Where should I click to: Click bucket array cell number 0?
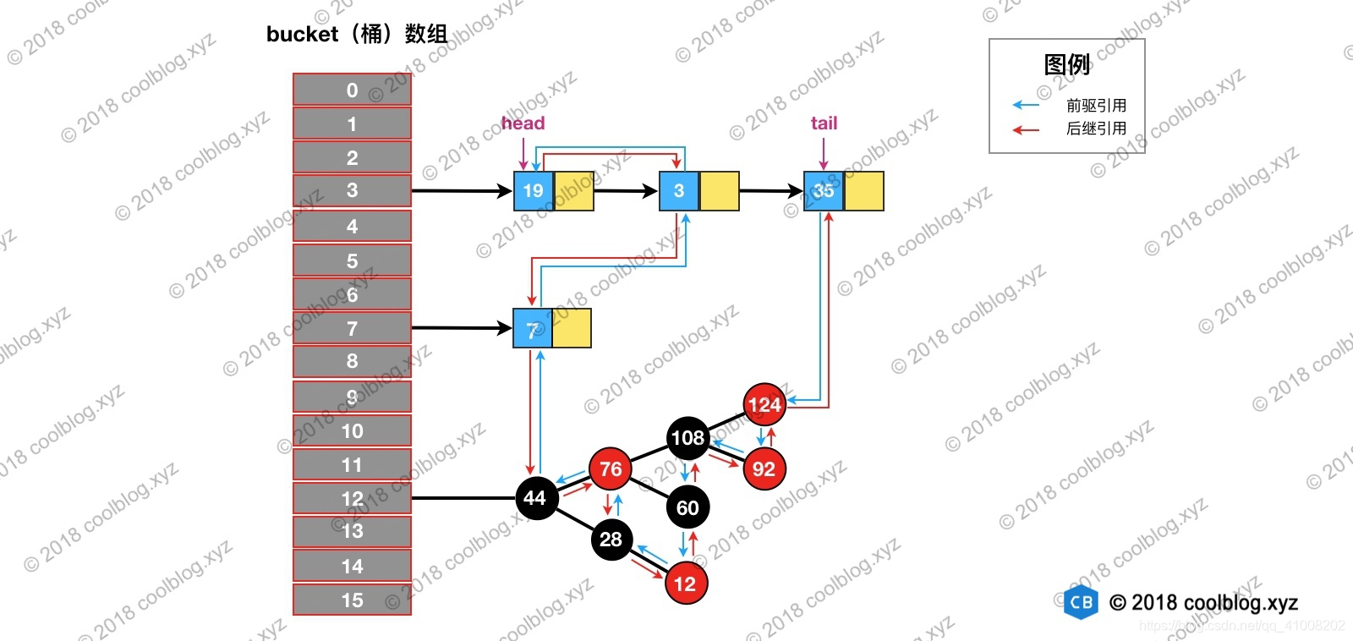coord(352,90)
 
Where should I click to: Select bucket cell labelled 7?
coord(352,328)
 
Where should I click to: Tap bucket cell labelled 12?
coord(352,498)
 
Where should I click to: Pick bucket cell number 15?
coord(352,600)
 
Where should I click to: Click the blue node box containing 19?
coord(534,191)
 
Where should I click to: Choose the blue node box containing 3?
coord(679,191)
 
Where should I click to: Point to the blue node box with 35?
coord(824,191)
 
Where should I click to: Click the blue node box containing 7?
coord(533,329)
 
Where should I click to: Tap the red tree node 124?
coord(764,404)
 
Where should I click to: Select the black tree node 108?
coord(687,437)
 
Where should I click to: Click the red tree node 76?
coord(611,469)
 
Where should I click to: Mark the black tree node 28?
coord(611,540)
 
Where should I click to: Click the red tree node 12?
coord(685,583)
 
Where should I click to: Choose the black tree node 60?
coord(687,507)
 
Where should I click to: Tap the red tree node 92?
coord(764,469)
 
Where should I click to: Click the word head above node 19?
coord(523,123)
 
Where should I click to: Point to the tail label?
coord(824,123)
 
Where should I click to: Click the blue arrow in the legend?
coord(1026,105)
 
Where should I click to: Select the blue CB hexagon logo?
coord(1081,602)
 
